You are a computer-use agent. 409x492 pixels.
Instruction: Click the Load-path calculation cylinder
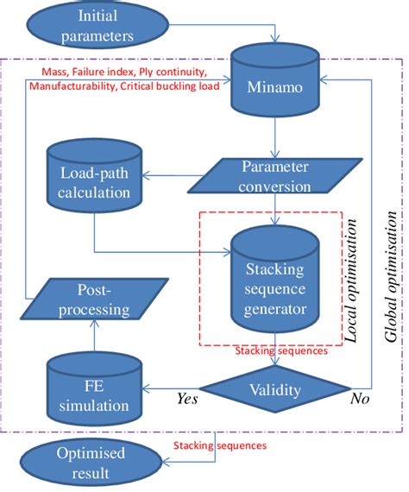click(92, 182)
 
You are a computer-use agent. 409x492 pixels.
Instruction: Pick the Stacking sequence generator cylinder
click(275, 277)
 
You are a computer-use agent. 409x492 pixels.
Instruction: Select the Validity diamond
click(275, 390)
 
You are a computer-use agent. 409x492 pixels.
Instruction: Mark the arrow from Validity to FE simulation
click(173, 389)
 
